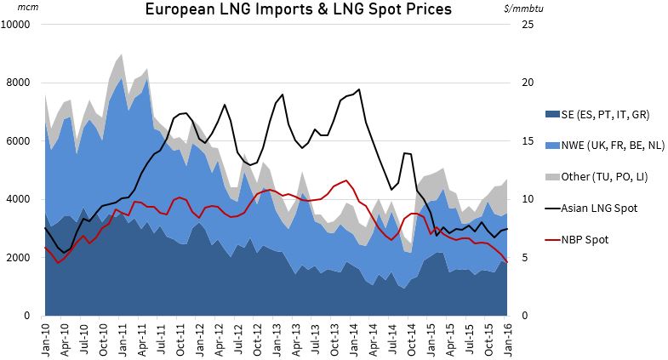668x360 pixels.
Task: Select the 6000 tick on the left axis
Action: [20, 141]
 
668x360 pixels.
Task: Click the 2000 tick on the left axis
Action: [20, 257]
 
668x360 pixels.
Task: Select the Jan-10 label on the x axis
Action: [45, 336]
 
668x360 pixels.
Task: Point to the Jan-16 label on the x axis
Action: [509, 336]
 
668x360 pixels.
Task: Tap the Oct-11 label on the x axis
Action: [180, 336]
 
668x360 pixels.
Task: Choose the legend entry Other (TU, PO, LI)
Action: [601, 176]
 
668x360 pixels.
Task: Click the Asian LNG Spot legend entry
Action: [597, 208]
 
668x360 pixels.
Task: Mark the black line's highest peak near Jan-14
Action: [359, 89]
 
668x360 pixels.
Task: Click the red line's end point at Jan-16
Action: [509, 262]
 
